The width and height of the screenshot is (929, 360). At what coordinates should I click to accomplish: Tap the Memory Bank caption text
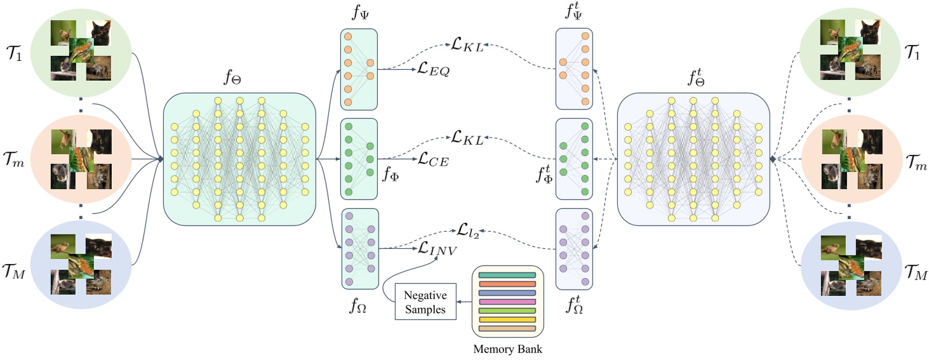coord(507,349)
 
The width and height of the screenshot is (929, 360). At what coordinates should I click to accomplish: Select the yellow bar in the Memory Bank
coord(507,320)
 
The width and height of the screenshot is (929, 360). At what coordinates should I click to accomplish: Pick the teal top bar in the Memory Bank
coord(507,275)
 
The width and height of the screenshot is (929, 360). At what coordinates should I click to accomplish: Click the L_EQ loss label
coord(434,70)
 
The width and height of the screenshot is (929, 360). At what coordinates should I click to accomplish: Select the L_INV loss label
coord(437,250)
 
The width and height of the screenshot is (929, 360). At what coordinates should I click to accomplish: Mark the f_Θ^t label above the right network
coord(693,79)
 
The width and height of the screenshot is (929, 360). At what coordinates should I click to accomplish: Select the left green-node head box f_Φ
coord(359,159)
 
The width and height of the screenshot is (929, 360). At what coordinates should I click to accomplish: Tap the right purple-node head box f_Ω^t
coord(574,249)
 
